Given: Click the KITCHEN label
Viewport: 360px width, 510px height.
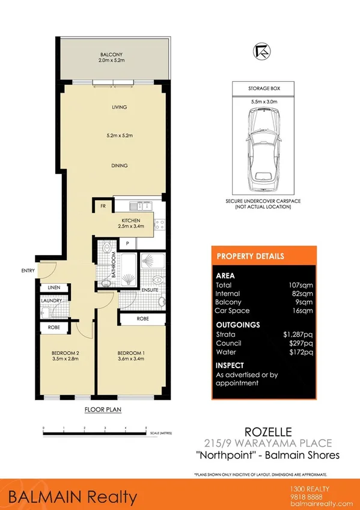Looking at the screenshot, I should coord(131,220).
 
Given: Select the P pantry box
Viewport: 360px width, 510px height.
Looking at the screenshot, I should coord(127,243).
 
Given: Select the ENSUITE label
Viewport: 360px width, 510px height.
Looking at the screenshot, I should coord(150,290).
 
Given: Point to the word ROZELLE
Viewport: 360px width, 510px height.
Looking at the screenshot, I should coord(264,431).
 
